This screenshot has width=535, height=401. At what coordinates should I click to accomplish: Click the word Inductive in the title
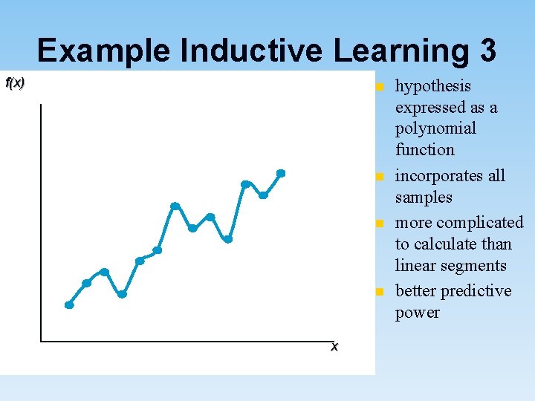(x=250, y=50)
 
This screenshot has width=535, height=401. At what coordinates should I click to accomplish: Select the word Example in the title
(x=104, y=50)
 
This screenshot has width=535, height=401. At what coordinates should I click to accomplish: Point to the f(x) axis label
(x=15, y=83)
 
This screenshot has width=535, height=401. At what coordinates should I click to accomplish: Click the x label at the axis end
(x=334, y=347)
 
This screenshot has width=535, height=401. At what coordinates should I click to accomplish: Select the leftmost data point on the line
(x=69, y=304)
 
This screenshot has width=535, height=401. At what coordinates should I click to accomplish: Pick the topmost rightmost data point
(x=281, y=173)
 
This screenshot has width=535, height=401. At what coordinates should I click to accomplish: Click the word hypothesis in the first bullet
(x=433, y=86)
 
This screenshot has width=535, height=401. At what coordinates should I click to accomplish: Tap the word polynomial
(x=435, y=128)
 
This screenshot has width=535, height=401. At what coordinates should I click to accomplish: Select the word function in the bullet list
(x=424, y=149)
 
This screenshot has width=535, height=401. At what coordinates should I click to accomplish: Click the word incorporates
(x=450, y=176)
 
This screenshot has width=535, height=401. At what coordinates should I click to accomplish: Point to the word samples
(x=424, y=197)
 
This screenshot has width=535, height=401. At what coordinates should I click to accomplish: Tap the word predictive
(x=473, y=290)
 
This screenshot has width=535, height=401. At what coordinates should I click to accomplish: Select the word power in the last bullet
(x=417, y=312)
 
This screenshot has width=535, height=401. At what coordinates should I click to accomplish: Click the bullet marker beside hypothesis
(x=379, y=87)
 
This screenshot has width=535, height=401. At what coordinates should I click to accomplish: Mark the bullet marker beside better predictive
(x=379, y=291)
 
